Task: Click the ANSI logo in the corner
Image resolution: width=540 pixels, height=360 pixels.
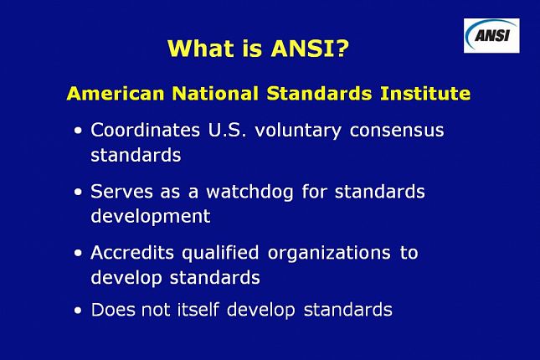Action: tap(491, 35)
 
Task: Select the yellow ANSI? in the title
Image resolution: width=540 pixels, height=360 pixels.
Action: tap(310, 48)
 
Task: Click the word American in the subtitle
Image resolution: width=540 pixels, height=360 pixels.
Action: tap(116, 94)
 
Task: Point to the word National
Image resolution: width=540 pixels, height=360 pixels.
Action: tap(215, 94)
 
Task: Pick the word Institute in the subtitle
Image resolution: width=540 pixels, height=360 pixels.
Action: tap(425, 94)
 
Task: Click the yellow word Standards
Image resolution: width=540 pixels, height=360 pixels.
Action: tap(319, 94)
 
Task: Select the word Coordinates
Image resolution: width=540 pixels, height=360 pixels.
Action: tap(146, 131)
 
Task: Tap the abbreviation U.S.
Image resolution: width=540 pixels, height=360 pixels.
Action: tap(227, 131)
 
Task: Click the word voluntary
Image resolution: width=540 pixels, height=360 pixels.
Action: tap(298, 131)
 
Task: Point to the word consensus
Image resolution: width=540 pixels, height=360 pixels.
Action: tap(397, 131)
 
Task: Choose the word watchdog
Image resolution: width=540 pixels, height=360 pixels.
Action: tap(249, 193)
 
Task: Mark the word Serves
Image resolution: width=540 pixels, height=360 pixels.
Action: tap(121, 192)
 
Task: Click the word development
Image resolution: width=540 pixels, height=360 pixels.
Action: tap(151, 217)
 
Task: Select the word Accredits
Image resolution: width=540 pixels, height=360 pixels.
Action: tap(132, 253)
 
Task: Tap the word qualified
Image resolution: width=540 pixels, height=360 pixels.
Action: tap(220, 254)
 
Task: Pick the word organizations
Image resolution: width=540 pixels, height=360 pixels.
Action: tap(329, 254)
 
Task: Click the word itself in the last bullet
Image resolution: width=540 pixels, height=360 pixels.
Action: tap(198, 309)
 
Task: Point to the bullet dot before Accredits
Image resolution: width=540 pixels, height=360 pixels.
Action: tap(78, 253)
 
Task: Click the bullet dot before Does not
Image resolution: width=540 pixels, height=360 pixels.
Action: tap(78, 311)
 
